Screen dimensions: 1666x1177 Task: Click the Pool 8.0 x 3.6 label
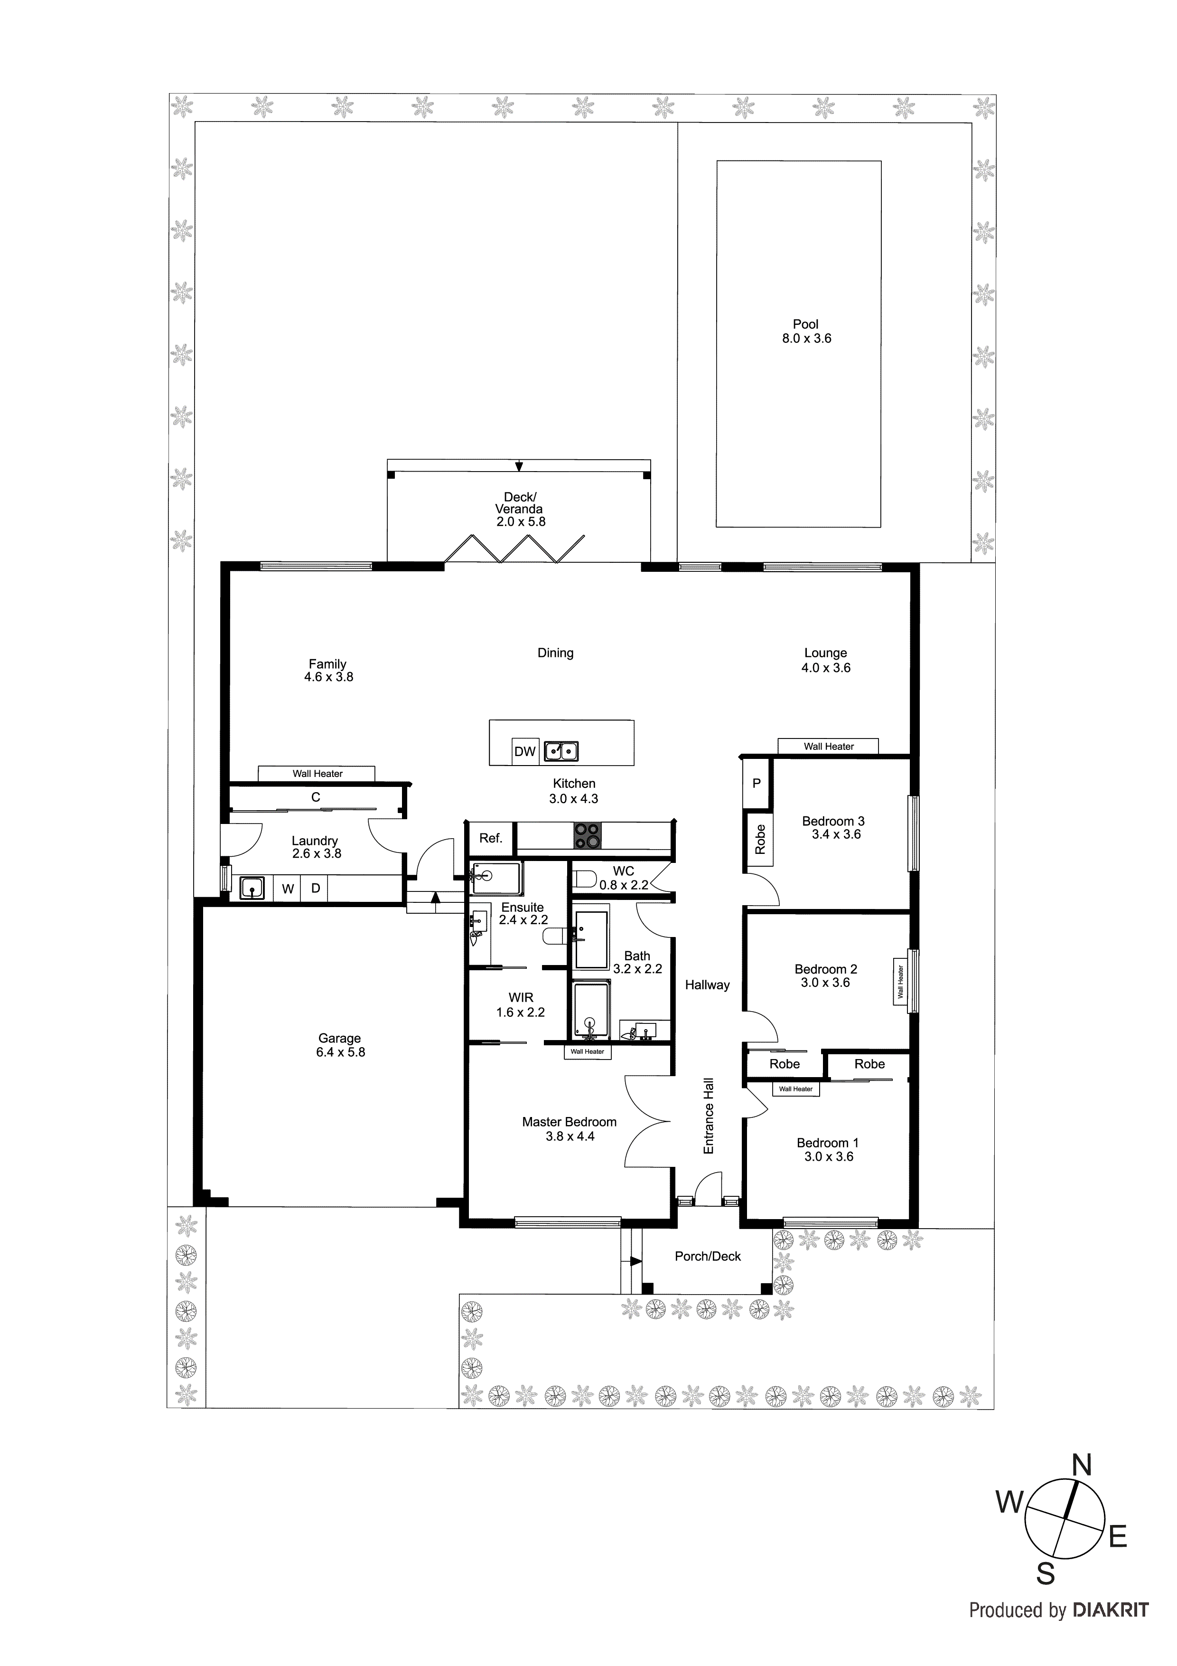[806, 331]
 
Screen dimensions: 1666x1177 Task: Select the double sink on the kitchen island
[561, 751]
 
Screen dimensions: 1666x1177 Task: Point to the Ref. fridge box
[491, 839]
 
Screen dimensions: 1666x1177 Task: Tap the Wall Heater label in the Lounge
[828, 746]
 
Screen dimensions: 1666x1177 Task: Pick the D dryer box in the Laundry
[316, 888]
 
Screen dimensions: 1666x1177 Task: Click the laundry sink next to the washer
[252, 888]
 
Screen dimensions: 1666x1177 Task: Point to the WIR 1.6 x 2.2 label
[521, 1005]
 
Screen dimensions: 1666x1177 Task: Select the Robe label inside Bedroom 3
[760, 840]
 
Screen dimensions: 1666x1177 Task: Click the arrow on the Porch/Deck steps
[636, 1261]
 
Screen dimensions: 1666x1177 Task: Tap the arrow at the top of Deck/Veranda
[519, 466]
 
